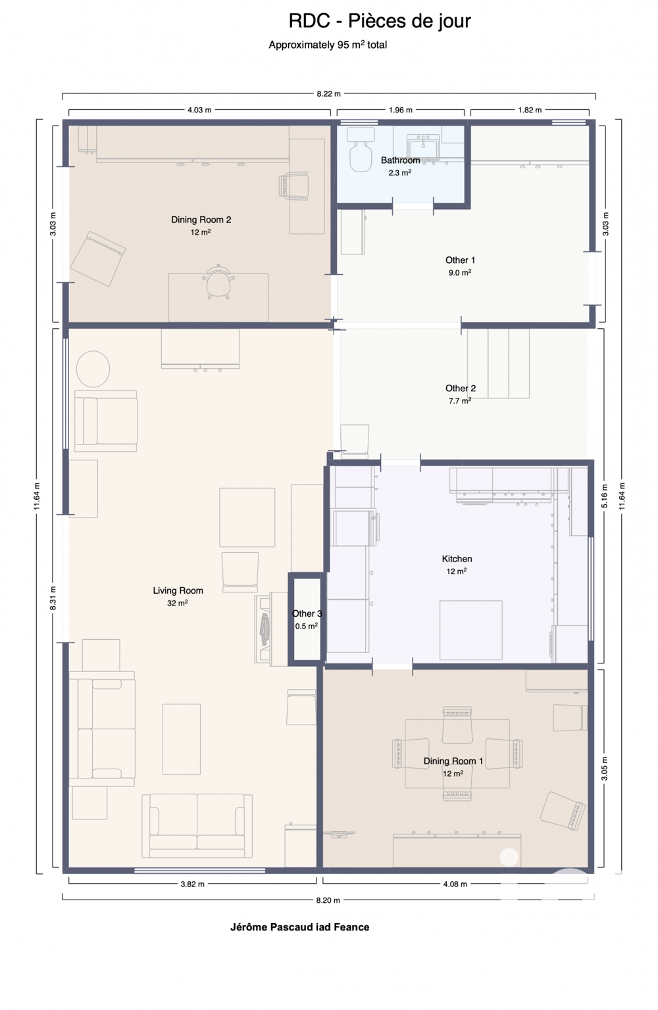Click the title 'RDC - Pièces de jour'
(x=380, y=21)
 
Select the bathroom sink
(x=422, y=147)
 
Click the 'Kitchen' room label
(x=457, y=559)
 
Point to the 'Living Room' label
(x=178, y=590)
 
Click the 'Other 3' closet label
(x=307, y=613)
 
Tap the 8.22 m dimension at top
(x=328, y=94)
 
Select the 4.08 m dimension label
(x=455, y=884)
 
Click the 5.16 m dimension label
(x=605, y=496)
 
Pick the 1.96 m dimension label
(x=400, y=110)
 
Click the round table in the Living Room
(x=93, y=369)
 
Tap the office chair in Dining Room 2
(x=218, y=281)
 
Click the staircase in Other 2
(x=498, y=363)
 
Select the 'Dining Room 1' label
(x=453, y=761)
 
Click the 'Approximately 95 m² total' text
(x=328, y=45)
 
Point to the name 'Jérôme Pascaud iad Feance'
(x=299, y=927)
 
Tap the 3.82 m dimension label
(x=192, y=884)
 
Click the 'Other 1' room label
(x=460, y=260)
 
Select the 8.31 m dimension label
(x=53, y=598)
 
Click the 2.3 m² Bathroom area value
(x=399, y=173)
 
